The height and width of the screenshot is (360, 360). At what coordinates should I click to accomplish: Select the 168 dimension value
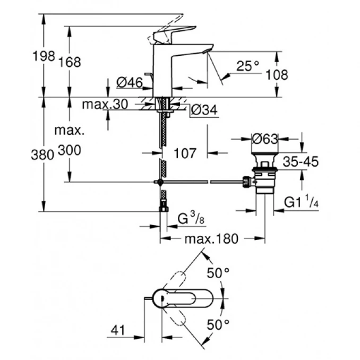coord(71,62)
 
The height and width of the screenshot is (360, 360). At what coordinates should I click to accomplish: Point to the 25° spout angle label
coord(247,66)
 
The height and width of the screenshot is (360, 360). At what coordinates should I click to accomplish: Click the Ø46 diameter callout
coord(128,82)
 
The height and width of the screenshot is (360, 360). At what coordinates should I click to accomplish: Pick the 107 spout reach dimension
coord(185,153)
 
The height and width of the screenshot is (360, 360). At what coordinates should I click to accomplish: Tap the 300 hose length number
coord(70,151)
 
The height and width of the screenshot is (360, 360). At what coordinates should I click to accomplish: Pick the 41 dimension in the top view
coord(118,330)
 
